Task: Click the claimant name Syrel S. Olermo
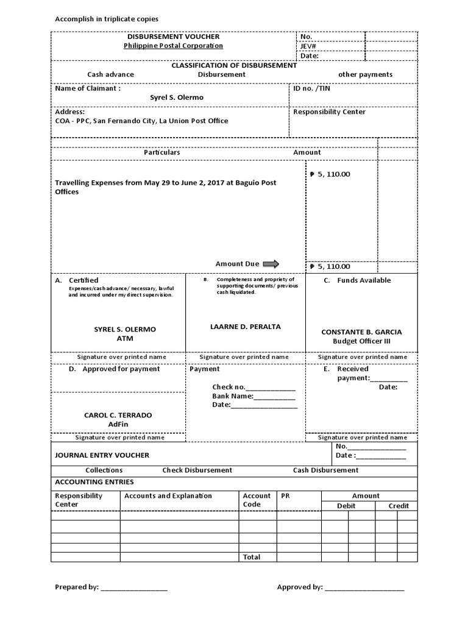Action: coord(177,97)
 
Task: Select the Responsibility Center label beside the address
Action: coord(329,112)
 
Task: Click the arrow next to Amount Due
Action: coord(271,264)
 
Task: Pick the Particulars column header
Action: coord(161,152)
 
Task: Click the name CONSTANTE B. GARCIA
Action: coord(361,332)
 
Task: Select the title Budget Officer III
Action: coord(361,341)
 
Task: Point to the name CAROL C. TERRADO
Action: coord(118,415)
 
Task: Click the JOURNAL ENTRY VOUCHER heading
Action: coord(102,455)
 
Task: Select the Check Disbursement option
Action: coord(197,470)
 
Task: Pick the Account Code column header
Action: coord(257,500)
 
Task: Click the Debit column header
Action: coord(347,506)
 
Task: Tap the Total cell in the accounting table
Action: coord(251,557)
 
